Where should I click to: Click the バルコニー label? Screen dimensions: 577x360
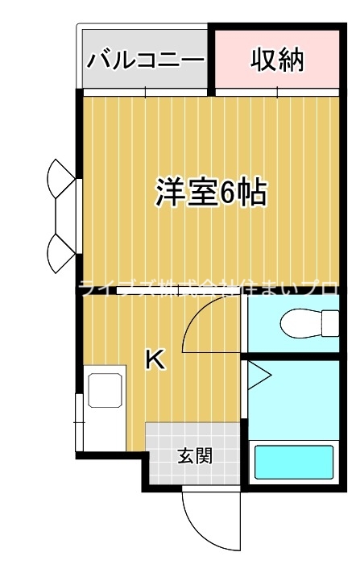[x=146, y=60]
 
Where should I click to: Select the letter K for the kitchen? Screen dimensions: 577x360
[x=155, y=360]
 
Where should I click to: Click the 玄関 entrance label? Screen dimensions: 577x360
[x=194, y=456]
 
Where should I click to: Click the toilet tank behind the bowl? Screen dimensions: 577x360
[x=330, y=324]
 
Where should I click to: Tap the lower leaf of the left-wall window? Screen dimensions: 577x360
[x=60, y=253]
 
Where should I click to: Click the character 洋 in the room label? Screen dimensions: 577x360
[x=170, y=193]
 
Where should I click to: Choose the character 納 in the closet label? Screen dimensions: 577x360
[x=291, y=60]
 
